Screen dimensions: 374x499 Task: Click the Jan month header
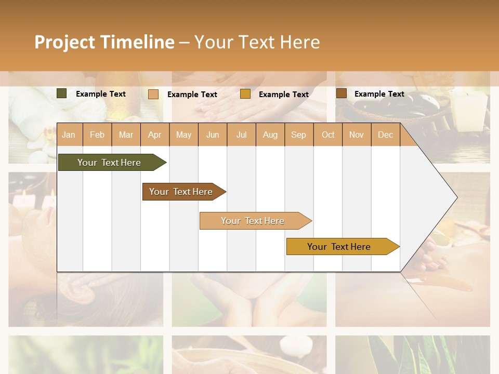pyautogui.click(x=69, y=135)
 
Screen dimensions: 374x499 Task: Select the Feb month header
pyautogui.click(x=97, y=135)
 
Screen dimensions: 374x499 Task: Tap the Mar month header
pyautogui.click(x=126, y=135)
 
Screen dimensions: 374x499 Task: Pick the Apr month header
pyautogui.click(x=155, y=135)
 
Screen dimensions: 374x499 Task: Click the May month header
pyautogui.click(x=183, y=135)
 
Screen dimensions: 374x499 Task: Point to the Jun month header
pyautogui.click(x=213, y=135)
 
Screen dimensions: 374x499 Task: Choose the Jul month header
pyautogui.click(x=241, y=135)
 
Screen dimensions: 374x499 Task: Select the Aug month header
pyautogui.click(x=270, y=135)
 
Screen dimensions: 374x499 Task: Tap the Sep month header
pyautogui.click(x=299, y=135)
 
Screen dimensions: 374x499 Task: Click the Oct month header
pyautogui.click(x=328, y=135)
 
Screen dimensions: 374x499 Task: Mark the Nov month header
pyautogui.click(x=357, y=135)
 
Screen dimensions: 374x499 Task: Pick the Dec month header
pyautogui.click(x=386, y=135)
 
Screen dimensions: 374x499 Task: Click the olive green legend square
pyautogui.click(x=62, y=94)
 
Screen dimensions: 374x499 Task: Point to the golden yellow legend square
pyautogui.click(x=245, y=94)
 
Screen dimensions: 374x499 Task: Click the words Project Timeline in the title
pyautogui.click(x=104, y=42)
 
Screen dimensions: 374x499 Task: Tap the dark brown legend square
pyautogui.click(x=341, y=94)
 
